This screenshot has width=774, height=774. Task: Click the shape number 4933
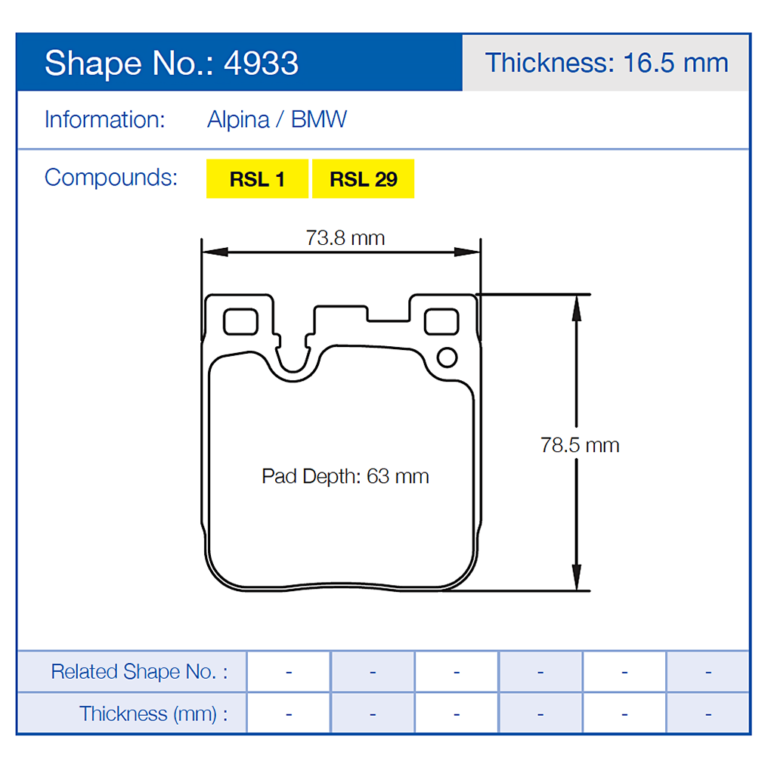pos(261,63)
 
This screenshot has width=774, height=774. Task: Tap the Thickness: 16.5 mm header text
pos(606,63)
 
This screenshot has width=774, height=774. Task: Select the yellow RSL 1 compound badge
pos(257,179)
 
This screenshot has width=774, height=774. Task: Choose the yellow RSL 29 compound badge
pos(364,179)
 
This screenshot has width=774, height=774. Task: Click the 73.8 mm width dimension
pos(345,238)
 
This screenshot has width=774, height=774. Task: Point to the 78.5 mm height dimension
pos(580,444)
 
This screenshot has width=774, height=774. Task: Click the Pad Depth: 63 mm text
pos(345,476)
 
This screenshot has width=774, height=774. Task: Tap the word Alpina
pos(238,120)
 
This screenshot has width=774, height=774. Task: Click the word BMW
pos(319,120)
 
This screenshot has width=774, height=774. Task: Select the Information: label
pos(104,120)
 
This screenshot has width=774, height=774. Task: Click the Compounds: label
pos(111,178)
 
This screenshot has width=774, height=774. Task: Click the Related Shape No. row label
pos(139,671)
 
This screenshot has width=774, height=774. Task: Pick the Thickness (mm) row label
pos(153,714)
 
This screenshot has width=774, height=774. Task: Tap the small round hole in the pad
pos(447,358)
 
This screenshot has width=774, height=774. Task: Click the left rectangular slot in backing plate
pos(240,321)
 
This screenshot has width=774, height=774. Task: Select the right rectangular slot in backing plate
pos(441,321)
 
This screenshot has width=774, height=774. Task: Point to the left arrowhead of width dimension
pos(213,252)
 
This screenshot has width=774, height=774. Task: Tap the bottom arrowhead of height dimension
pos(576,579)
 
